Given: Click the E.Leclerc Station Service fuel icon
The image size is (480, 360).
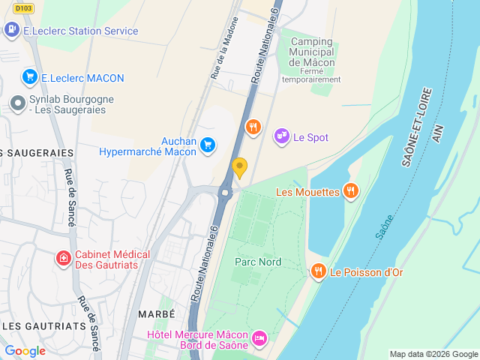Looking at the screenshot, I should (11, 31).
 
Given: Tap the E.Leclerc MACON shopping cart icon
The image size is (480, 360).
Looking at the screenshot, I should (30, 76).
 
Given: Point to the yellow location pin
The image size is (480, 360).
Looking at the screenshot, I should (239, 167).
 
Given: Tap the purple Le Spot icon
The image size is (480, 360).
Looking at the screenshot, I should (281, 136).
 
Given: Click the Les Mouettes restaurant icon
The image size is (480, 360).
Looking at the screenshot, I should (349, 191).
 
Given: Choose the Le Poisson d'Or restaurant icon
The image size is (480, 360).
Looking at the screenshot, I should (318, 271).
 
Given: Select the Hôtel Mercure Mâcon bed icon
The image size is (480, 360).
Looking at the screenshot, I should (259, 339).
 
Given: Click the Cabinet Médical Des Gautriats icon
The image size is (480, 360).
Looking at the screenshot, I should (64, 259).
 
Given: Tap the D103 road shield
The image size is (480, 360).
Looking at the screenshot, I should (24, 8).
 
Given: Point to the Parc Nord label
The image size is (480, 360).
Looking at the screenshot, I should (257, 262).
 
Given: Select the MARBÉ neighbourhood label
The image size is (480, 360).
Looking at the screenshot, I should (156, 313).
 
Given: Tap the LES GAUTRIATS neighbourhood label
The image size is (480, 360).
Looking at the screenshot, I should (44, 325).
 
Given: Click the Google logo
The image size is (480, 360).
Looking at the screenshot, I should (25, 350).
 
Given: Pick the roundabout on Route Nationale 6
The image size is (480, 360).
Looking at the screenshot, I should (225, 193).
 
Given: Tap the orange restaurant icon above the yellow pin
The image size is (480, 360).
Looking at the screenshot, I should (253, 127).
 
